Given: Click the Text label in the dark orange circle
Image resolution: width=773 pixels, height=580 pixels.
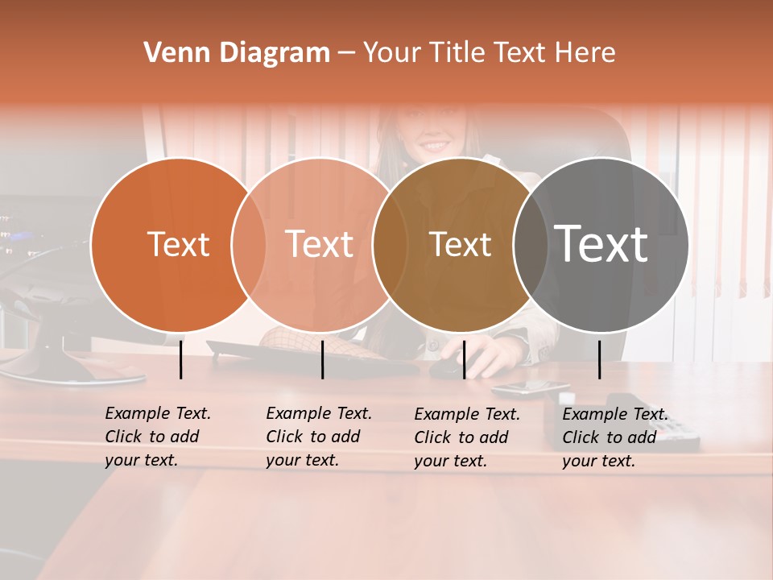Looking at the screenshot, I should tap(178, 244).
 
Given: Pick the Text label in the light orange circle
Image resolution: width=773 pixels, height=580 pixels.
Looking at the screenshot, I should tap(320, 244).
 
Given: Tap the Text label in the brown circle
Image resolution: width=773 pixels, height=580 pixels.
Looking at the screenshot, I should tap(460, 244).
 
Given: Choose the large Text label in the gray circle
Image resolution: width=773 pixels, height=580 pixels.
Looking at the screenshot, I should tap(601, 244).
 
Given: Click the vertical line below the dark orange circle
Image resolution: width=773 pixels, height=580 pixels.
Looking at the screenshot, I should tap(181, 359).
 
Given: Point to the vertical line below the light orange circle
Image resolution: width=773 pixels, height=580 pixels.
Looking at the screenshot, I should tap(322, 359).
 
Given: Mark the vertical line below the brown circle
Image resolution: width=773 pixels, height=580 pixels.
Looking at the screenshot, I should tap(464, 359).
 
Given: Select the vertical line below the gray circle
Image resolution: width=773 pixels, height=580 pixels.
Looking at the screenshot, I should tap(600, 359).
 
